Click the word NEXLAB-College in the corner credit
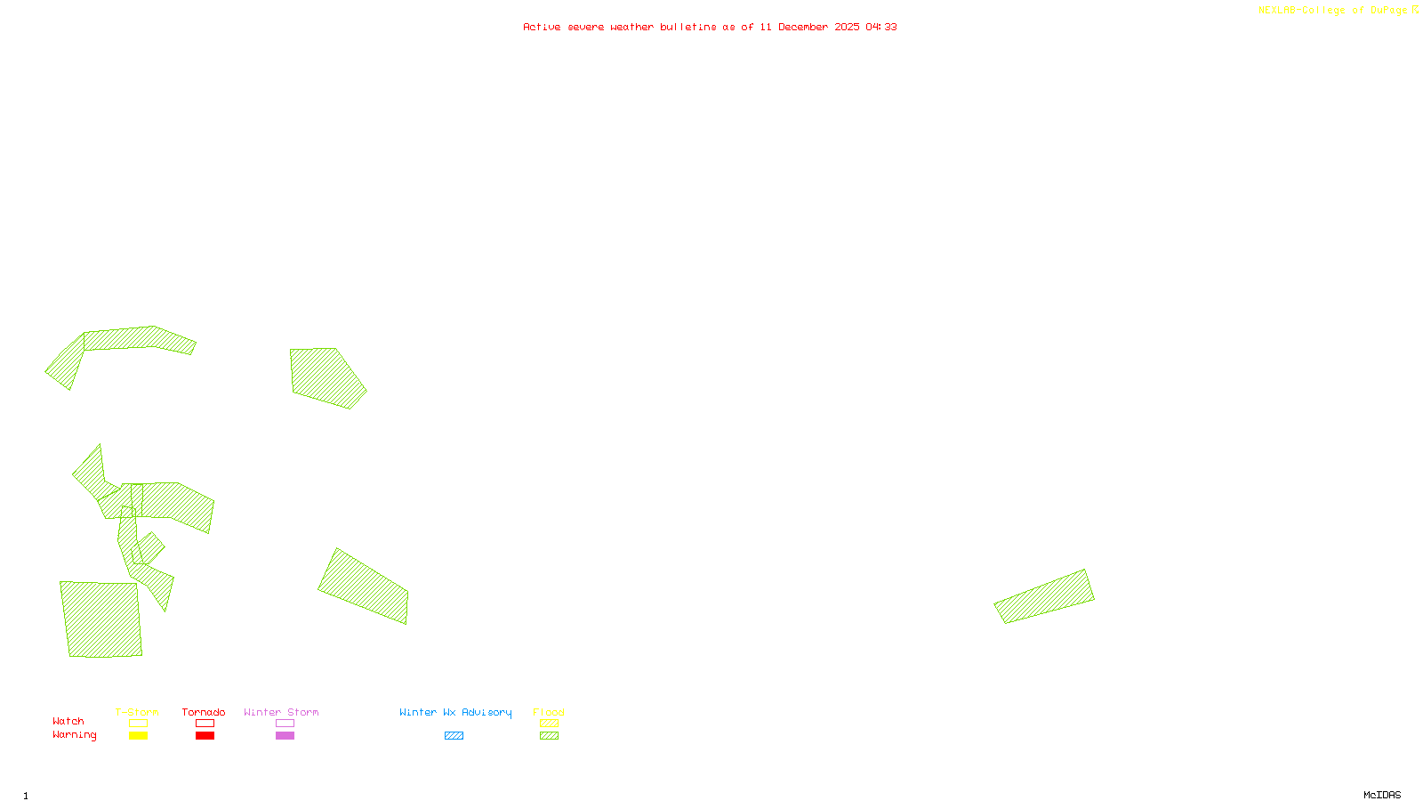[1301, 11]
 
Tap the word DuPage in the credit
[1388, 11]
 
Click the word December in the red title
[803, 28]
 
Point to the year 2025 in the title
[847, 28]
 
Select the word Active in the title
[542, 28]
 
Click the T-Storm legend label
[137, 712]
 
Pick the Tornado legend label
[204, 712]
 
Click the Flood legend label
[549, 712]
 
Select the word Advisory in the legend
[486, 712]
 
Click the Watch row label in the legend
[68, 722]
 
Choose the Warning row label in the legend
[74, 735]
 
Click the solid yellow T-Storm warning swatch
[138, 736]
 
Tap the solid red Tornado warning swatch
[205, 736]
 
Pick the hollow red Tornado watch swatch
[205, 724]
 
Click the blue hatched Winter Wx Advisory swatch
[454, 736]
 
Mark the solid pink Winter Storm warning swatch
[285, 736]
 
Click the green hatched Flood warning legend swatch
[549, 736]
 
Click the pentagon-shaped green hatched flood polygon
[325, 377]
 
